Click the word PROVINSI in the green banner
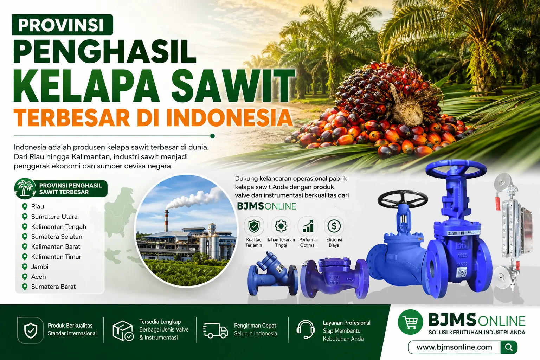(61, 25)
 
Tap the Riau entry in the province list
(38, 206)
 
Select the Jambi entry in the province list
(40, 267)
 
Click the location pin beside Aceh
(25, 277)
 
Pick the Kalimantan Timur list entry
(56, 257)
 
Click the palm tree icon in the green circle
(25, 188)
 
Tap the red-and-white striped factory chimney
(166, 221)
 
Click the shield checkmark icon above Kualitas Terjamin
(254, 226)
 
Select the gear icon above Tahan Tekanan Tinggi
(281, 226)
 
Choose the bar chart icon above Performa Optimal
(308, 226)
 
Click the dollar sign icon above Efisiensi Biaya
(334, 226)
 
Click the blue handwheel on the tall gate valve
(456, 168)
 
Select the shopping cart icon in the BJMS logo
(410, 322)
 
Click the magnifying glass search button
(509, 347)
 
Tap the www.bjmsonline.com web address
(455, 347)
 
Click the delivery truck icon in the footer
(215, 330)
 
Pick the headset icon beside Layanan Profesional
(306, 329)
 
